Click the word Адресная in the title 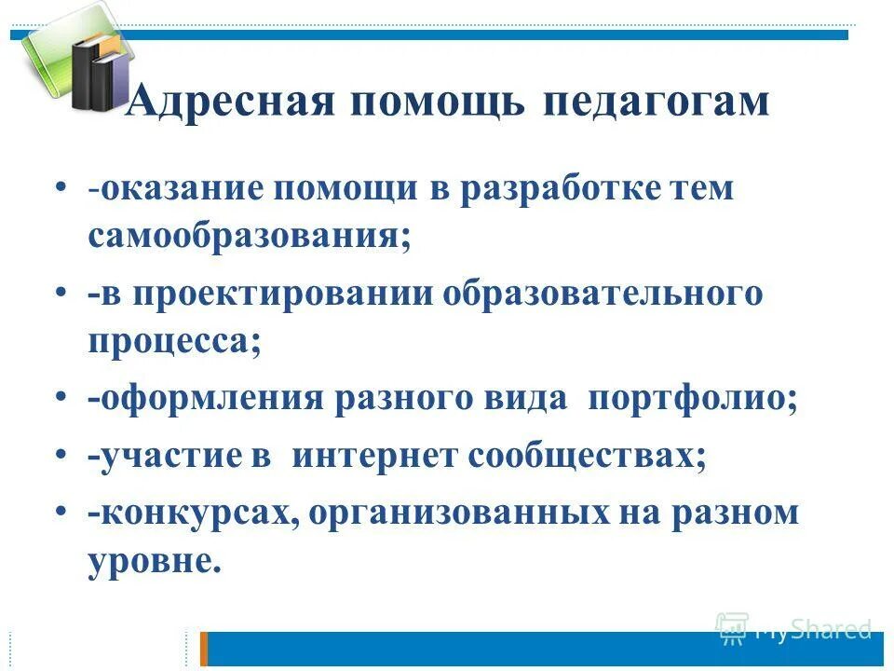pos(229,102)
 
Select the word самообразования pos(249,237)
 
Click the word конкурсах pos(194,514)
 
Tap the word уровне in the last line pos(155,562)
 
